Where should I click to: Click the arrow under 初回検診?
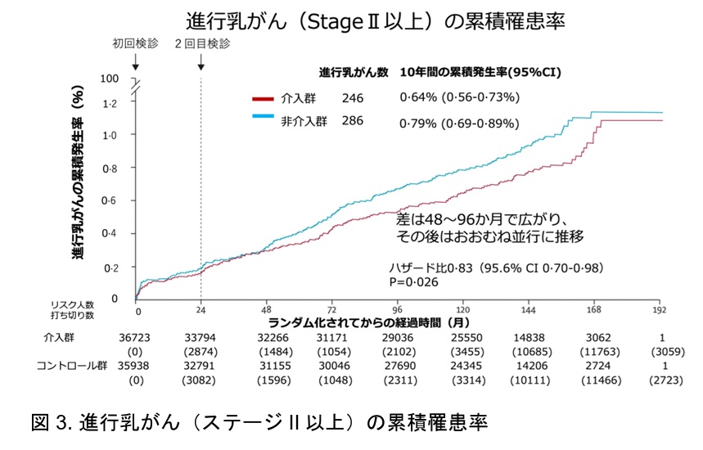(x=135, y=62)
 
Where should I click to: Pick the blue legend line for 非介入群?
(x=268, y=120)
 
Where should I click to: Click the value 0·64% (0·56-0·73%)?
(x=458, y=98)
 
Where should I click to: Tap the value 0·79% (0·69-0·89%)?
(x=459, y=124)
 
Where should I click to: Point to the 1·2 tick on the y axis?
(x=110, y=104)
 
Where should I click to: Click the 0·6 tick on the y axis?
(x=110, y=201)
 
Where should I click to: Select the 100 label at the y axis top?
(x=110, y=79)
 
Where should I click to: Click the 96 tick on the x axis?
(x=397, y=312)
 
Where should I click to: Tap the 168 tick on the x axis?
(x=595, y=312)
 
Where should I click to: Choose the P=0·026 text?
(x=416, y=282)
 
